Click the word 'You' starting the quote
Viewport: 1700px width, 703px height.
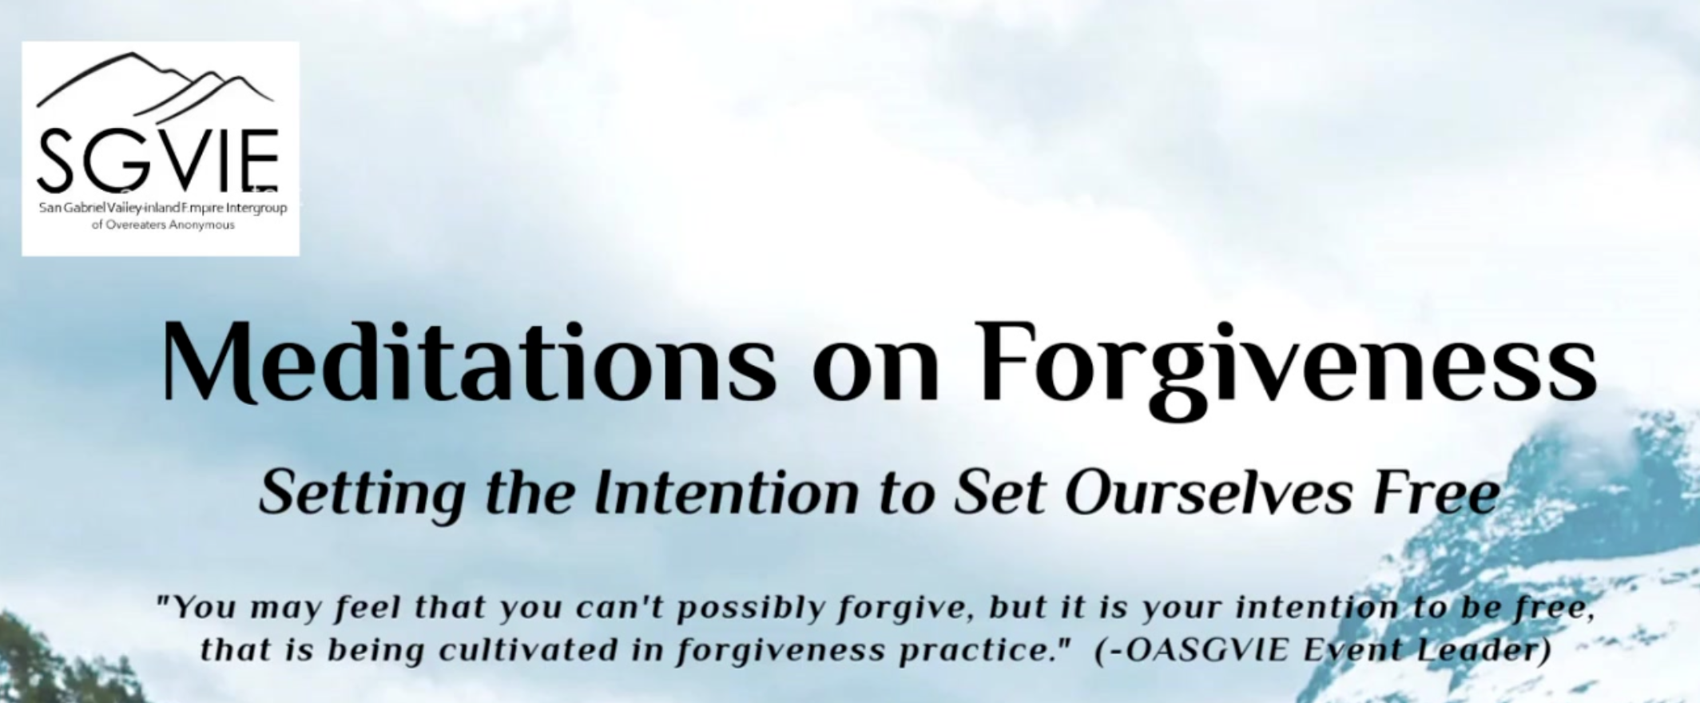click(197, 609)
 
